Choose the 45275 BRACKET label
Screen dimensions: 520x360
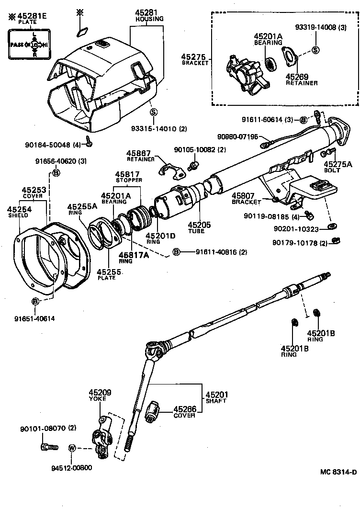click(x=195, y=59)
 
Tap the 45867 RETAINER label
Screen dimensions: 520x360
click(x=141, y=156)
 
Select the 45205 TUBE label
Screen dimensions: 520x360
click(x=196, y=227)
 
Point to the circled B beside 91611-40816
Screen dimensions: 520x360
click(x=177, y=252)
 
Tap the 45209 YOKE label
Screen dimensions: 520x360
click(x=101, y=395)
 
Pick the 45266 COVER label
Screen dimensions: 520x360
click(x=184, y=412)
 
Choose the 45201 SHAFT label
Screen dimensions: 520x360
click(x=216, y=397)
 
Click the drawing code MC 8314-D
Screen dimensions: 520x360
click(x=338, y=472)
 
